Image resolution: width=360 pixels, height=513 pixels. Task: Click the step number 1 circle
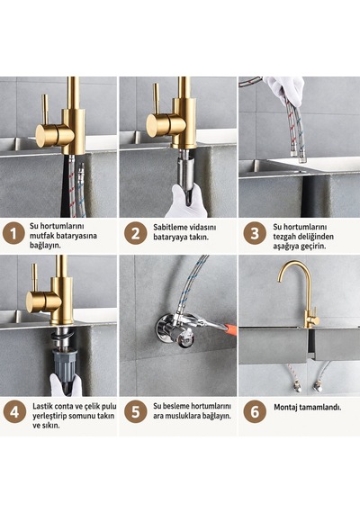[x=13, y=234]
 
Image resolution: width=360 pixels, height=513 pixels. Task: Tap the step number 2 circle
[x=136, y=234]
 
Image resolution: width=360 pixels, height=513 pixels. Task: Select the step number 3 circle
[x=255, y=234]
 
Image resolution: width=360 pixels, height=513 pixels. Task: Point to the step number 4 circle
[x=14, y=412]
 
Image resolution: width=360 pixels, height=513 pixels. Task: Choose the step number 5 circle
[x=136, y=412]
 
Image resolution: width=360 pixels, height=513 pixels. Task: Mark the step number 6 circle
[x=255, y=412]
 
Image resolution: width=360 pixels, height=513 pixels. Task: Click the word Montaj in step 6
[x=285, y=408]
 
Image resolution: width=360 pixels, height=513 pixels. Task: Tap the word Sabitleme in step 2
[x=170, y=228]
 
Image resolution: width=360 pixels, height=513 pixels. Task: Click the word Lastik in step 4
[x=42, y=406]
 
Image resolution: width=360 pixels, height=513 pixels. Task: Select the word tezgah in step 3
[x=284, y=237]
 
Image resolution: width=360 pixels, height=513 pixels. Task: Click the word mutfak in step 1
[x=41, y=236]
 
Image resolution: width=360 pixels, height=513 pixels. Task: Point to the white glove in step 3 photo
[x=284, y=90]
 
